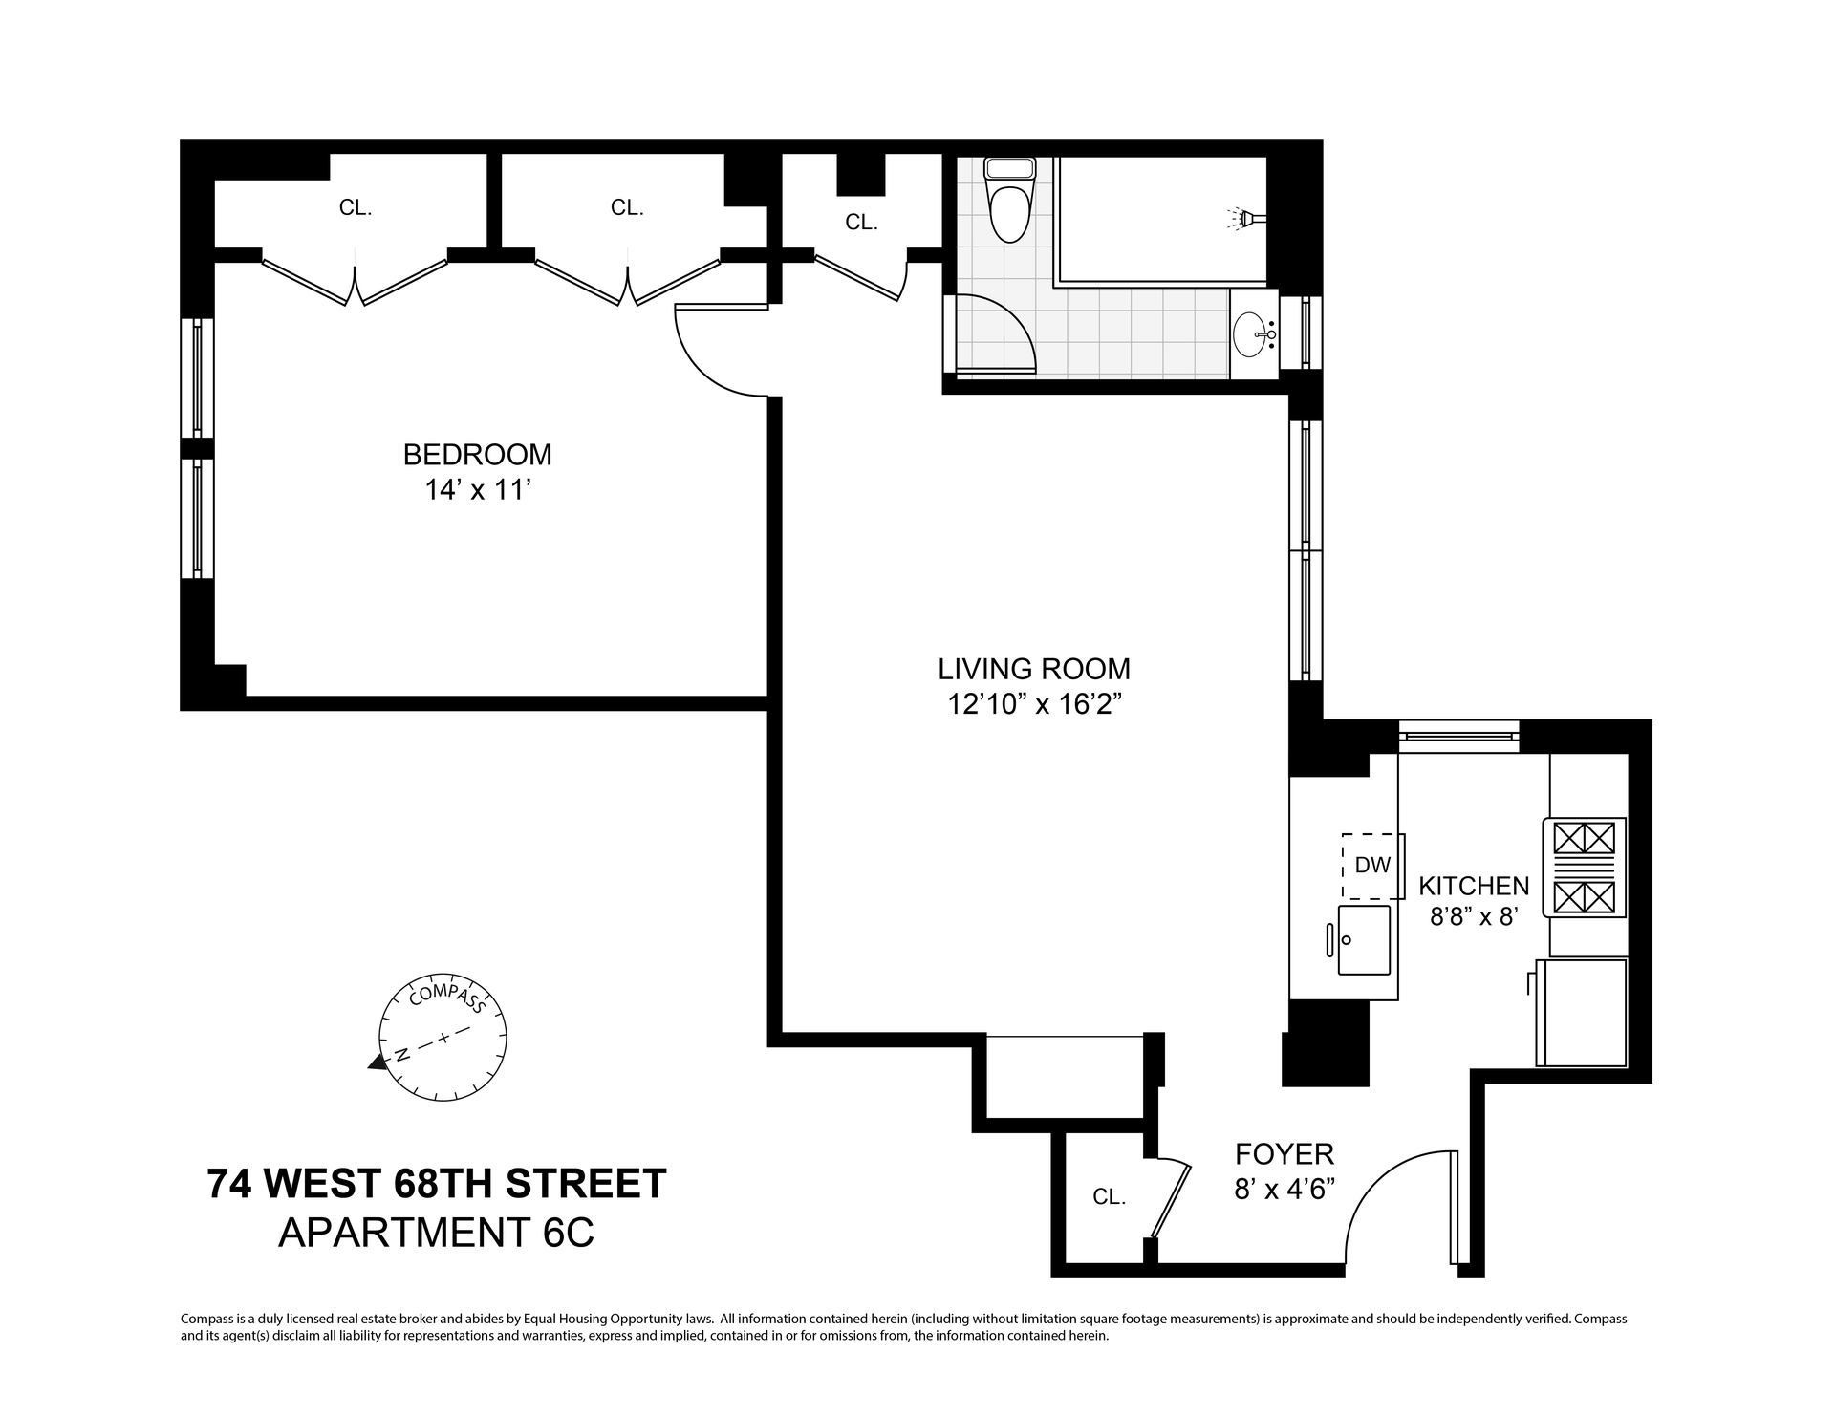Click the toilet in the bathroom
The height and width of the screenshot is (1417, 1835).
1010,200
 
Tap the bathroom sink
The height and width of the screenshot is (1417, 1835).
1254,334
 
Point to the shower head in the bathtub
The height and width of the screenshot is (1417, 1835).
1243,219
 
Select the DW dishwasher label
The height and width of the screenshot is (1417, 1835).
1372,866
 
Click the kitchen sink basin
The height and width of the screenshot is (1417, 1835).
1364,940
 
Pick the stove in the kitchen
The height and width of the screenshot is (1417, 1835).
1584,868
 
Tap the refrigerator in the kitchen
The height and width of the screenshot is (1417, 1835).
1581,1012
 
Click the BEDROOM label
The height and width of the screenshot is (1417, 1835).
477,454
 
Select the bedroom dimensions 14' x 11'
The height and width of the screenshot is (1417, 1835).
477,490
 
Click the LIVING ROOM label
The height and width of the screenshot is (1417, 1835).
1034,668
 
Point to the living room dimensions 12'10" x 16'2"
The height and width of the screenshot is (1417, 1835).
1034,704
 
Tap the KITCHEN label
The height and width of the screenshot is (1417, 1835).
1474,886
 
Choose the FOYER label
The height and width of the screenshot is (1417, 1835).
1284,1154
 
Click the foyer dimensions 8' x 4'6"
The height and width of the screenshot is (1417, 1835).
1284,1191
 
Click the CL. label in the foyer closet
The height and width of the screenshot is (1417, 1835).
1110,1196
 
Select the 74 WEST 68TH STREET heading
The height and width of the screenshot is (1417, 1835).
437,1184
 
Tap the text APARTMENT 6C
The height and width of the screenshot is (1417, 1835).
437,1233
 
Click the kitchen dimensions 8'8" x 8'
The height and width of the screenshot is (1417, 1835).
1474,917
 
